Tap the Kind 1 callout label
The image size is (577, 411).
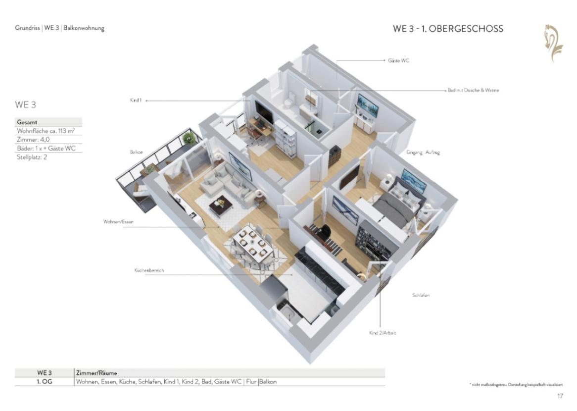click(x=136, y=101)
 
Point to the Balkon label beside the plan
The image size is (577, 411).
click(x=137, y=153)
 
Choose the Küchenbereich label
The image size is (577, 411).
click(x=148, y=271)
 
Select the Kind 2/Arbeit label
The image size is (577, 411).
click(x=382, y=333)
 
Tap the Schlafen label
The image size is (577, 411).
click(x=421, y=295)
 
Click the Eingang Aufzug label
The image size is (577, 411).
click(x=423, y=153)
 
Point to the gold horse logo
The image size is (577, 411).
click(x=553, y=39)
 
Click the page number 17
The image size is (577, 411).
click(x=560, y=396)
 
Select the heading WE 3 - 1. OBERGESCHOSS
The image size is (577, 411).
click(x=448, y=29)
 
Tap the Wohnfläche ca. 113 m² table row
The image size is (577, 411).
click(x=49, y=131)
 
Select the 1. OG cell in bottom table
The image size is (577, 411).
click(x=44, y=382)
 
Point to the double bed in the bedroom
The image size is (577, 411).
click(x=398, y=204)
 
